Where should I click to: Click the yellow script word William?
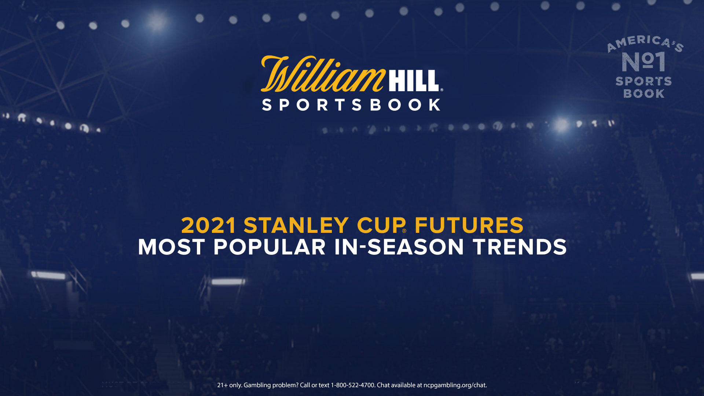[323, 74]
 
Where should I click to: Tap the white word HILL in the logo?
[414, 81]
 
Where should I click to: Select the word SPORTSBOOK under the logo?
[351, 105]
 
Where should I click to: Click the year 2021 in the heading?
[209, 225]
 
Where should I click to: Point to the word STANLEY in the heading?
[296, 225]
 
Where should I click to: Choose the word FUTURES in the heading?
[469, 225]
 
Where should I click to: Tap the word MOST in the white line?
[171, 247]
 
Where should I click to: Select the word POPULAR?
[269, 247]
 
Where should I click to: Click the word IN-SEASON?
[399, 247]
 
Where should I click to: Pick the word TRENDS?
[520, 247]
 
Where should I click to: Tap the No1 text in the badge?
[643, 62]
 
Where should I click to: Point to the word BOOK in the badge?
[644, 93]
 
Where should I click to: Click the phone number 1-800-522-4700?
[353, 385]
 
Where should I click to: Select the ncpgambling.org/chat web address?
[455, 385]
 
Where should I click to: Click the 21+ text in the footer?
[222, 385]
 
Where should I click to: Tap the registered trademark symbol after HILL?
[441, 89]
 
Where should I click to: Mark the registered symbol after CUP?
[404, 231]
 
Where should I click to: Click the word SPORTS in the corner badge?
[643, 81]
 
